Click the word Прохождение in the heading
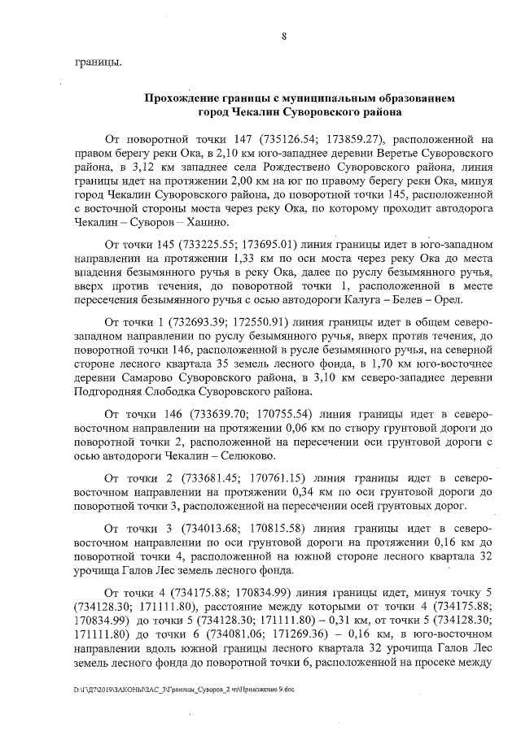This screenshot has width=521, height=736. [x=184, y=98]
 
